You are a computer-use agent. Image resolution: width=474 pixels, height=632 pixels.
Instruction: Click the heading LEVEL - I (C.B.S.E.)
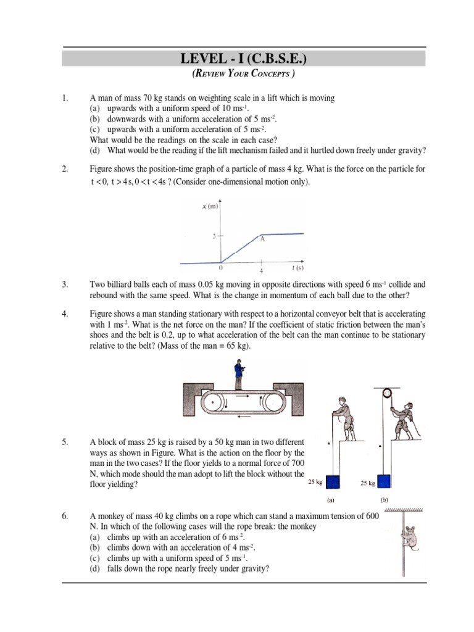[243, 59]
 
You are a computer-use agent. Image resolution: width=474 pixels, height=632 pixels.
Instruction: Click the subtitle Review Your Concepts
[243, 75]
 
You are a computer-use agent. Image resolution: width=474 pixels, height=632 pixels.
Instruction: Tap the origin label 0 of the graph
[222, 269]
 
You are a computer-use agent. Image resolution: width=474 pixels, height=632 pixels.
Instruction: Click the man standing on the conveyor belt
[238, 376]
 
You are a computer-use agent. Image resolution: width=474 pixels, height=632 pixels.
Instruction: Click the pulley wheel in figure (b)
[387, 393]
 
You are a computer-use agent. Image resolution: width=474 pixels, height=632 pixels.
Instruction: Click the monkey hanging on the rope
[409, 536]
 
